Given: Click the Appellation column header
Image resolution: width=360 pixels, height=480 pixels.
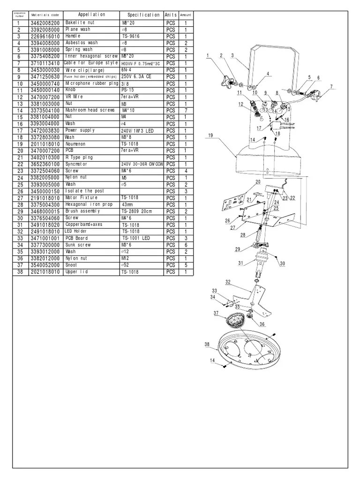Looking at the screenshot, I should pos(91,15).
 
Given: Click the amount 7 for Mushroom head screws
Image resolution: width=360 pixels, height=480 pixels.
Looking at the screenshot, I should pos(186,110).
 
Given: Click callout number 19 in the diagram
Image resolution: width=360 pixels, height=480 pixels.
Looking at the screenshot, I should pos(210,135).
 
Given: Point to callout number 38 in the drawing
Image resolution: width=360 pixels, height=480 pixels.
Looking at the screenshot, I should pos(207,345).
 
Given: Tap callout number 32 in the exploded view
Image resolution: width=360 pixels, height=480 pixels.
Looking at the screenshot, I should pos(228,282).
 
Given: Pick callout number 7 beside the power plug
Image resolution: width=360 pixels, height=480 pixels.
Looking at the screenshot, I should pos(331,87).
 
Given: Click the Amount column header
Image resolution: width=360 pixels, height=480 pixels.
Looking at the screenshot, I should pos(186,15).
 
